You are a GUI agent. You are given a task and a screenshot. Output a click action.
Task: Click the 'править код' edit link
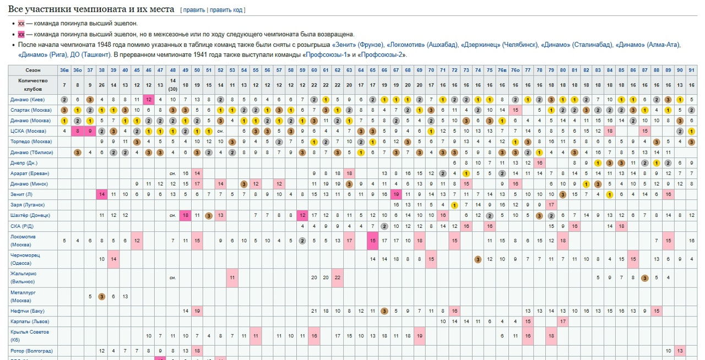(227, 10)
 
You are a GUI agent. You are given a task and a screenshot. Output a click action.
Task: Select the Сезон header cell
(32, 70)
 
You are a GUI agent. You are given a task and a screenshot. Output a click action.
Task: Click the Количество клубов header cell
(32, 84)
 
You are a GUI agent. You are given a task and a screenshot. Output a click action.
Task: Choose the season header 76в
(502, 70)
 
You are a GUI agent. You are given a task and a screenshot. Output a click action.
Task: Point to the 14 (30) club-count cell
(172, 84)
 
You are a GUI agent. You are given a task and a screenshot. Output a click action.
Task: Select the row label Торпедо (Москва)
(31, 141)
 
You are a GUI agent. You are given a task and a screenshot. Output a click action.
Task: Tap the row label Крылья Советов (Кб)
(30, 335)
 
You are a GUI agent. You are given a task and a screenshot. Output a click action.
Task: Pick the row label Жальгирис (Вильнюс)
(24, 277)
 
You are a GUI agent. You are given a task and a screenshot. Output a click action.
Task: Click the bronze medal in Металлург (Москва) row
(102, 297)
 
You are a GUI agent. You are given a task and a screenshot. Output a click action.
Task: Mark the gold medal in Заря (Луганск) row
(454, 205)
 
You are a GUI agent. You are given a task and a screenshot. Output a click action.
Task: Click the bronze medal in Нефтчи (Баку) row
(384, 311)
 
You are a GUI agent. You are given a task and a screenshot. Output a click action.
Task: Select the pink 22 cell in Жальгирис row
(337, 277)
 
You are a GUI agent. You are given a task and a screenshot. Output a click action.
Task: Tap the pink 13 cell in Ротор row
(680, 351)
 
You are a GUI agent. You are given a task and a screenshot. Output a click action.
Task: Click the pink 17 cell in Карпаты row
(563, 321)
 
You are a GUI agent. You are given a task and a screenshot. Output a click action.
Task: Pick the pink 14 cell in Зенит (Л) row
(102, 194)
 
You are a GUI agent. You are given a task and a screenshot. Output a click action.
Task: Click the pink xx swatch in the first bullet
(21, 24)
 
